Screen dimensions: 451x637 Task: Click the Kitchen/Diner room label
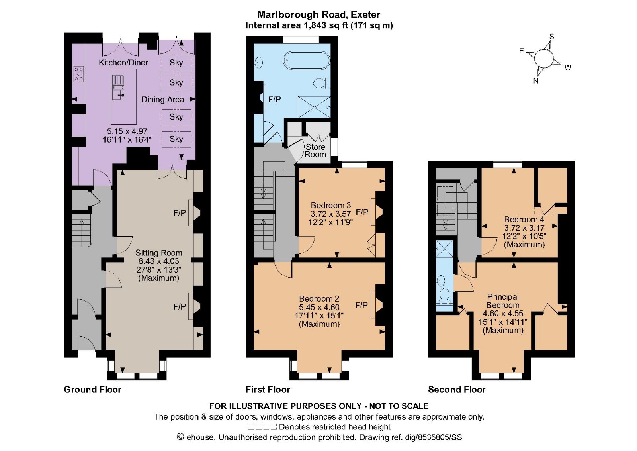tap(123, 63)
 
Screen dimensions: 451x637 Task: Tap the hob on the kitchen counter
tap(79, 74)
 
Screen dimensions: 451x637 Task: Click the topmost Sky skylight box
tap(176, 63)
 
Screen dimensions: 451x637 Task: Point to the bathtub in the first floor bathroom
tap(306, 61)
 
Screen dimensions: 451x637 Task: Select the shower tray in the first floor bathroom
tap(314, 107)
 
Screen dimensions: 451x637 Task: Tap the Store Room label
tap(315, 151)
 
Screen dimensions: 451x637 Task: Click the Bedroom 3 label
tap(330, 205)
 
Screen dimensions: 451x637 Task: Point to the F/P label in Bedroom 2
tap(361, 306)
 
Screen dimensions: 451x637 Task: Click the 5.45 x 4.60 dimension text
tap(319, 307)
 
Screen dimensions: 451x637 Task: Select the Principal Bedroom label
tap(503, 301)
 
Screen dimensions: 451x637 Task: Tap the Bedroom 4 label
tap(524, 219)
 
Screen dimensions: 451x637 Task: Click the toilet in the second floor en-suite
tap(444, 295)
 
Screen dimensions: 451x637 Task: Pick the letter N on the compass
tap(536, 81)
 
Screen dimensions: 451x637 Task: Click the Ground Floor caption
tap(92, 390)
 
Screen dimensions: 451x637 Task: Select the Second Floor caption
tap(457, 390)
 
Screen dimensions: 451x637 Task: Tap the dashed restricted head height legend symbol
tap(262, 427)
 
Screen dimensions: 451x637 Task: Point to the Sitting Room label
tap(158, 253)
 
